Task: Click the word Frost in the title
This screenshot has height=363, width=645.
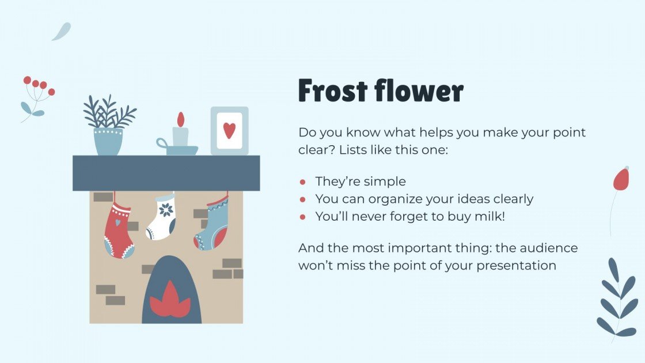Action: click(332, 92)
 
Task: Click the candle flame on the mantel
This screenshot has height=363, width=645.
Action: click(181, 119)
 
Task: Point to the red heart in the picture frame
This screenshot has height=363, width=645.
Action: click(229, 131)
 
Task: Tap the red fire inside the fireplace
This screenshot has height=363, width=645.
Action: click(170, 303)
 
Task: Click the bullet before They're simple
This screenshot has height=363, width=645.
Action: click(302, 182)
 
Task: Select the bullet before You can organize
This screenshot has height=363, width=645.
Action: click(302, 199)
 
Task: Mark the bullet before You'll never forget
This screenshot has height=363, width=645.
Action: click(302, 217)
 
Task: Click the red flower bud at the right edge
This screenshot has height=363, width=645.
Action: click(620, 179)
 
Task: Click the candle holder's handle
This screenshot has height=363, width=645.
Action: click(162, 143)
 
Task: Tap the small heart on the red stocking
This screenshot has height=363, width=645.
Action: click(117, 222)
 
